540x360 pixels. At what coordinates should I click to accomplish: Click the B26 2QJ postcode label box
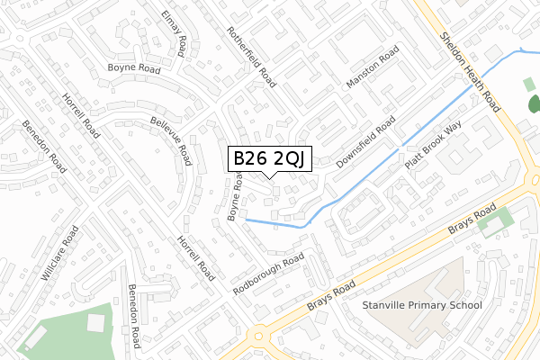tap(270, 158)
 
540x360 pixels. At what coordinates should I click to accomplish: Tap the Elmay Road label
tap(174, 33)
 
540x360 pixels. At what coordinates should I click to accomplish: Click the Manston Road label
tap(372, 70)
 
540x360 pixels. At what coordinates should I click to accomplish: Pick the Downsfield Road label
tap(366, 144)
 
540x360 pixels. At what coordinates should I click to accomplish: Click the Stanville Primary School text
tap(421, 305)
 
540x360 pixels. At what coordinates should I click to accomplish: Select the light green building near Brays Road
tap(495, 220)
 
